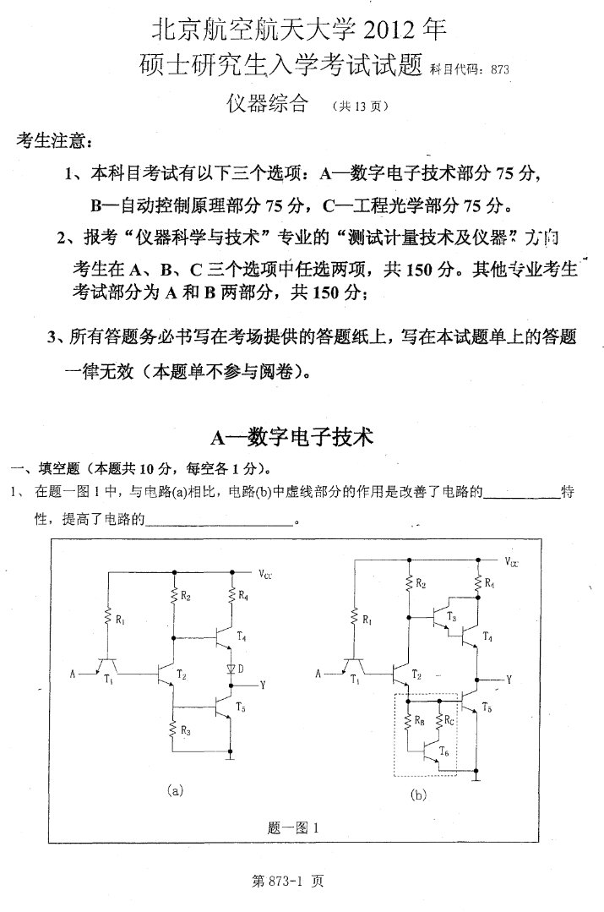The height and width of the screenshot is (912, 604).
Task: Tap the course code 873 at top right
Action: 500,70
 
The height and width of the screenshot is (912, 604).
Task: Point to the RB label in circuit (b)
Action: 420,720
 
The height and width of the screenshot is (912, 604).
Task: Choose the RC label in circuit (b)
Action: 449,720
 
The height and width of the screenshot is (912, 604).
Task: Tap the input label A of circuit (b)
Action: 318,674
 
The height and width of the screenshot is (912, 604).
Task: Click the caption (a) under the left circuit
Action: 175,791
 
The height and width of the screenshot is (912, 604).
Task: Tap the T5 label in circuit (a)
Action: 242,707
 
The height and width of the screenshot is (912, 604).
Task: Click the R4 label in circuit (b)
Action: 489,583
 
